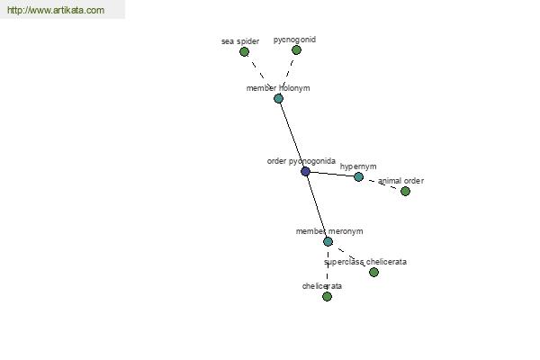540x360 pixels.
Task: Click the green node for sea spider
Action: point(244,52)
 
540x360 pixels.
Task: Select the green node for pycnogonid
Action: point(296,50)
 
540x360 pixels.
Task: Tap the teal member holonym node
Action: point(279,99)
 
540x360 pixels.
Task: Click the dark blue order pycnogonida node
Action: point(305,172)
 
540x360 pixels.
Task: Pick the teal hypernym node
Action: point(358,177)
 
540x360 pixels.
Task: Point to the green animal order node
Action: point(405,191)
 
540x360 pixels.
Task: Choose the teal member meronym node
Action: point(328,242)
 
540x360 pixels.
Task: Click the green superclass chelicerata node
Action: point(374,272)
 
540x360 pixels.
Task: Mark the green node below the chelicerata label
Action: point(328,296)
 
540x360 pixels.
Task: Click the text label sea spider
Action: point(240,41)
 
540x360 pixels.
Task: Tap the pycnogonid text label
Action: point(294,40)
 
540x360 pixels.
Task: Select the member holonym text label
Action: point(278,88)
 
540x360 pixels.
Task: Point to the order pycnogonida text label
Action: point(301,161)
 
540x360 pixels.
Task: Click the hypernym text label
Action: point(358,166)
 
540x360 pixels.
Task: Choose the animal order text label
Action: point(400,181)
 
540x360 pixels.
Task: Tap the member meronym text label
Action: point(329,231)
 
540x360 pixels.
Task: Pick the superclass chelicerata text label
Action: point(365,262)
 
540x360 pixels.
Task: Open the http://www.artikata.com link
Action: point(56,10)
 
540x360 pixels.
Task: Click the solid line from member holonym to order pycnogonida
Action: point(292,135)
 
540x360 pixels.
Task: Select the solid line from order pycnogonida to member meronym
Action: point(317,207)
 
